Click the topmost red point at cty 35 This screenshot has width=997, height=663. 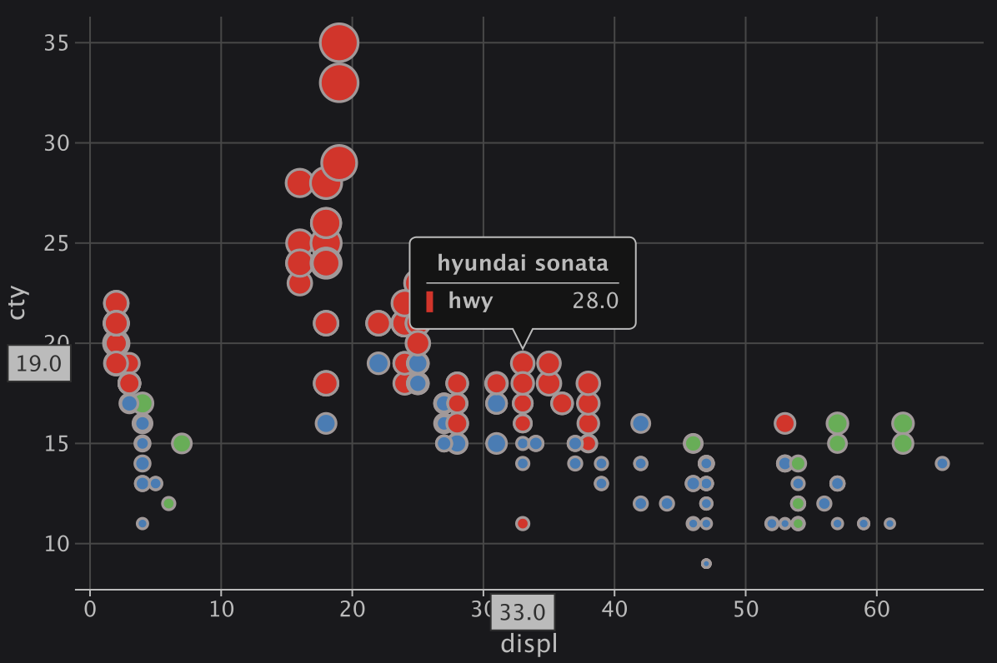click(339, 42)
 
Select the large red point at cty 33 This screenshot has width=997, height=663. click(339, 82)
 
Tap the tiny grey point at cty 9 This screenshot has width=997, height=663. click(706, 564)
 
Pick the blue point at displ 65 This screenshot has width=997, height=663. click(942, 463)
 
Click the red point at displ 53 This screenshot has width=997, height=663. click(784, 423)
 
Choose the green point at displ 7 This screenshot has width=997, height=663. click(182, 443)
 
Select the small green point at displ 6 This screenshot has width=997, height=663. click(168, 503)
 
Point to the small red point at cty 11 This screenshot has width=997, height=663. click(523, 524)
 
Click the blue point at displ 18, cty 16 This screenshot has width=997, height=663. click(326, 423)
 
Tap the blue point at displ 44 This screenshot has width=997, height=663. click(667, 503)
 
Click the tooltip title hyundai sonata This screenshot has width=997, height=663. click(523, 264)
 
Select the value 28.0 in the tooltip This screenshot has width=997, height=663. click(595, 302)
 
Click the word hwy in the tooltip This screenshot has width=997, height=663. click(470, 302)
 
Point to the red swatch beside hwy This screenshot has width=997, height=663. click(430, 302)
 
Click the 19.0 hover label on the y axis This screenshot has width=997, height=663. click(38, 364)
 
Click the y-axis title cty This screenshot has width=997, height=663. click(18, 303)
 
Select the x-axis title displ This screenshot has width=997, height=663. click(529, 644)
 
